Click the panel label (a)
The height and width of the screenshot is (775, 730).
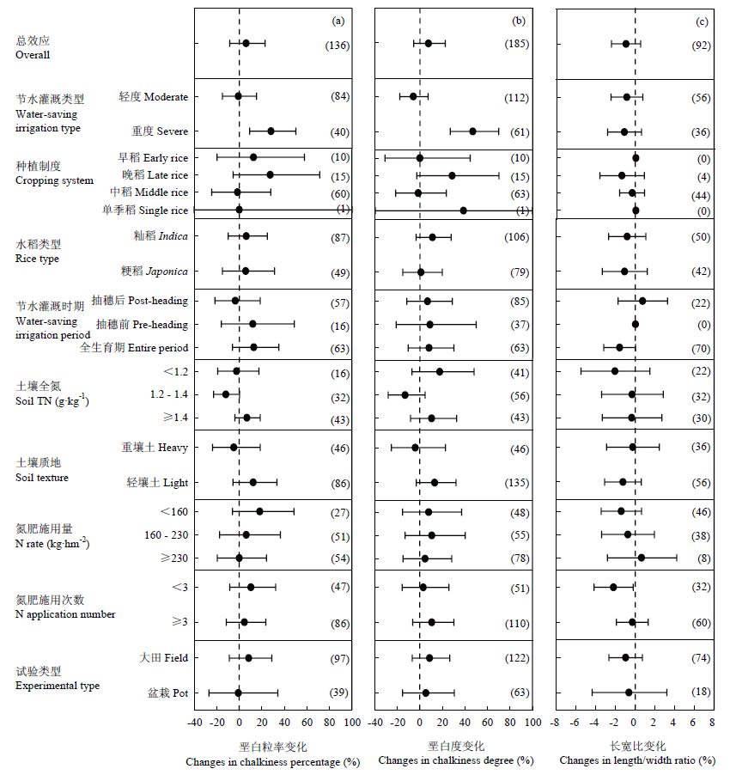pyautogui.click(x=338, y=21)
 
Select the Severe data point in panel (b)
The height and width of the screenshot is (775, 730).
pyautogui.click(x=472, y=131)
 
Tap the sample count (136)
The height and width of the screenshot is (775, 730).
pyautogui.click(x=338, y=46)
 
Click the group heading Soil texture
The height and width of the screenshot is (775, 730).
pyautogui.click(x=42, y=478)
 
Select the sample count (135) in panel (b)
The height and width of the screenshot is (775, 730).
pyautogui.click(x=517, y=482)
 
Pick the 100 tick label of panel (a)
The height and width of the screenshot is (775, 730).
pyautogui.click(x=352, y=723)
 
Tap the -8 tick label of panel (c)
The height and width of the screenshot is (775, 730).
pyautogui.click(x=555, y=723)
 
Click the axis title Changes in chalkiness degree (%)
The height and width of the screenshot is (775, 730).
pyautogui.click(x=456, y=760)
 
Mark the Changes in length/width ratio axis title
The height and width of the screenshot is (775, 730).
pyautogui.click(x=637, y=760)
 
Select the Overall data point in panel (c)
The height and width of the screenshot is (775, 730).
pyautogui.click(x=626, y=44)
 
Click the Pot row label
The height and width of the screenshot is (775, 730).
pyautogui.click(x=168, y=693)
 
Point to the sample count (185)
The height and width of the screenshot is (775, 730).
pyautogui.click(x=517, y=44)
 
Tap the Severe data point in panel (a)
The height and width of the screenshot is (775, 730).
pyautogui.click(x=271, y=131)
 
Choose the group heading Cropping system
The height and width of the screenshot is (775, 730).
pyautogui.click(x=54, y=180)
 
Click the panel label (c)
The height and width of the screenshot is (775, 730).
pyautogui.click(x=702, y=21)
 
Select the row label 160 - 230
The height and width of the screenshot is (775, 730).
pyautogui.click(x=166, y=535)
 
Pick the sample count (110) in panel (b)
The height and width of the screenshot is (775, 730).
pyautogui.click(x=517, y=624)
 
